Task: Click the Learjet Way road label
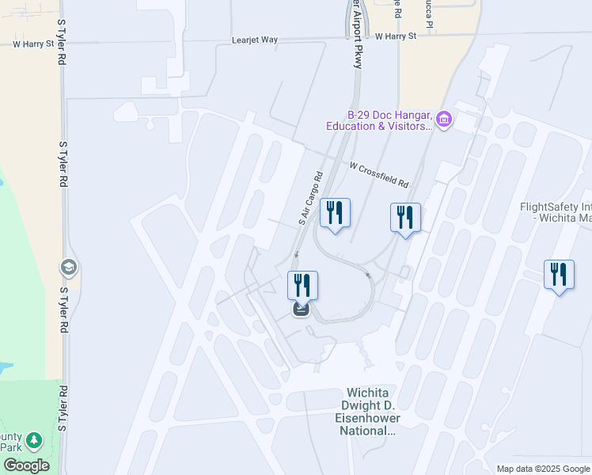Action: [x=256, y=39]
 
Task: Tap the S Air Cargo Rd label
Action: [x=311, y=199]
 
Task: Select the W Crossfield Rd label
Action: [x=379, y=175]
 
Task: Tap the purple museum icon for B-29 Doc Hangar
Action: [x=443, y=120]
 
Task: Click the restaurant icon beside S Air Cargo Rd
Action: [x=335, y=213]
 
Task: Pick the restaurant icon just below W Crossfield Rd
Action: [x=405, y=218]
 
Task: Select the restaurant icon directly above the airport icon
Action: [x=302, y=285]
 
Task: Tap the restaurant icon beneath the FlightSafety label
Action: [x=560, y=275]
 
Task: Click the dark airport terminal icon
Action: [x=301, y=309]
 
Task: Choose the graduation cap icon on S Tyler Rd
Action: [x=68, y=267]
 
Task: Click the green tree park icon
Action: [x=33, y=440]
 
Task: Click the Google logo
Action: [x=26, y=465]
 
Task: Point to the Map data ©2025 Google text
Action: [x=543, y=469]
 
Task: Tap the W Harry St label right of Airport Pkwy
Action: [x=396, y=36]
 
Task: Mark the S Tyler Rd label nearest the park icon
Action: [x=63, y=408]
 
